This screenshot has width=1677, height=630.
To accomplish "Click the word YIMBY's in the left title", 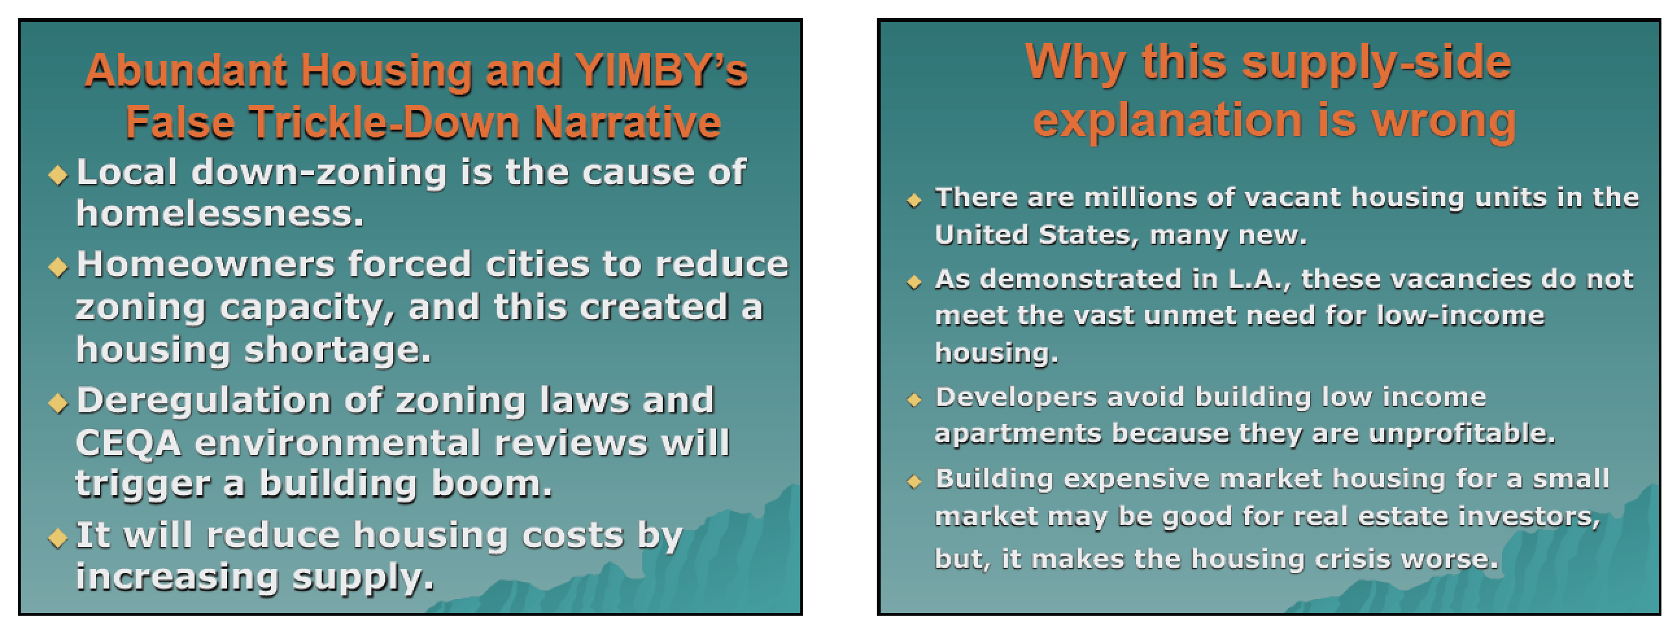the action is (x=662, y=70).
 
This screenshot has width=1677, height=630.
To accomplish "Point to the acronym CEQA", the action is (x=128, y=444).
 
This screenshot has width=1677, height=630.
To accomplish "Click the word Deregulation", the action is (x=204, y=401).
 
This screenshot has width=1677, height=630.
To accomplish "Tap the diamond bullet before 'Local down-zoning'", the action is (x=58, y=174).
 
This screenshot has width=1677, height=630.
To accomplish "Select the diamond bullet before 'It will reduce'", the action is (x=58, y=537).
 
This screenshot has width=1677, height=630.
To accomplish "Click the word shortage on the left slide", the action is (x=337, y=351).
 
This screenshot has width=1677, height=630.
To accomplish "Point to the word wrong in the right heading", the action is (x=1444, y=122).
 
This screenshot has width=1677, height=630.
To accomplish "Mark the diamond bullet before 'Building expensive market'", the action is (x=914, y=482).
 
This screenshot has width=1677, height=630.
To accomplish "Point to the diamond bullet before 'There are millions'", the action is (x=914, y=200).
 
